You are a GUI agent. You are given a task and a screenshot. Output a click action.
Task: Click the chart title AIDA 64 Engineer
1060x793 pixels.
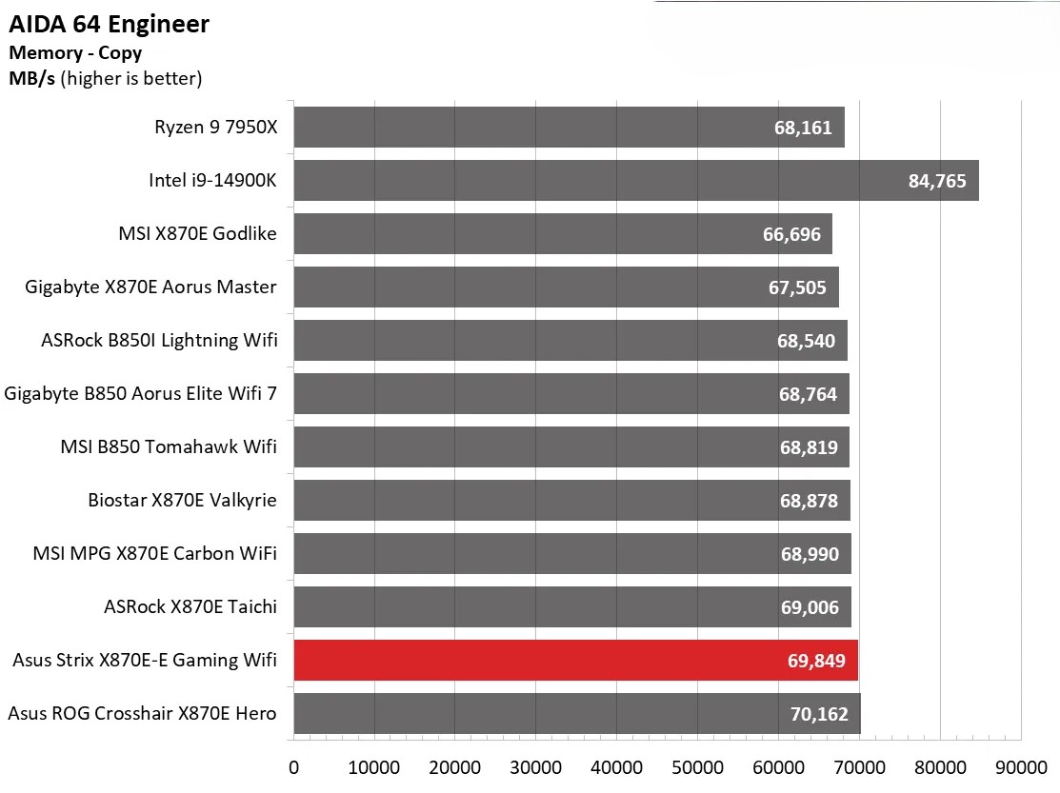point(110,25)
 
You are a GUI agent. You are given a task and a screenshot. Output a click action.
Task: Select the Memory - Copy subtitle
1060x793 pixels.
point(74,53)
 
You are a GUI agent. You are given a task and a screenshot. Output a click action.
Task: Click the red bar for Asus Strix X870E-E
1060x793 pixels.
point(575,660)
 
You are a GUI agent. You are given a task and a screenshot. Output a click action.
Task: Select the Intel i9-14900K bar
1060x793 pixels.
point(635,180)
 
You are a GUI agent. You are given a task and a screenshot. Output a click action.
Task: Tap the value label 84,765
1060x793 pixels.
point(937,181)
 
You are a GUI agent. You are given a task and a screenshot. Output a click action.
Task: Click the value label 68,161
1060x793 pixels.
point(805,128)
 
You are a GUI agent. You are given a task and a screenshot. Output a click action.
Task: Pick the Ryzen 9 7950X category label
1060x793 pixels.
point(215,127)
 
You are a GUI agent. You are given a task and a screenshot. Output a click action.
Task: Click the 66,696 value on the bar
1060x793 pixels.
point(791,234)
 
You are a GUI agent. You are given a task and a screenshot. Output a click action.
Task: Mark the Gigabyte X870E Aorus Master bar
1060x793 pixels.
point(566,287)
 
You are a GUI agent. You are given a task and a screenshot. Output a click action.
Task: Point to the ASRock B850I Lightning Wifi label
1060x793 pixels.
point(159,340)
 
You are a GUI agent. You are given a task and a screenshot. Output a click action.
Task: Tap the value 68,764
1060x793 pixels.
point(808,394)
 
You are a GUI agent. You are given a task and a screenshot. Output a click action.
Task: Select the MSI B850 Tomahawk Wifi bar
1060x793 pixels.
point(570,446)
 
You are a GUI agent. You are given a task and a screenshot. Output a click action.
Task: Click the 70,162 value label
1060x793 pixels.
point(819,714)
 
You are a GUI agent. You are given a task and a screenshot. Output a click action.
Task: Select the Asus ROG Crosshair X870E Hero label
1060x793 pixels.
point(142,713)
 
